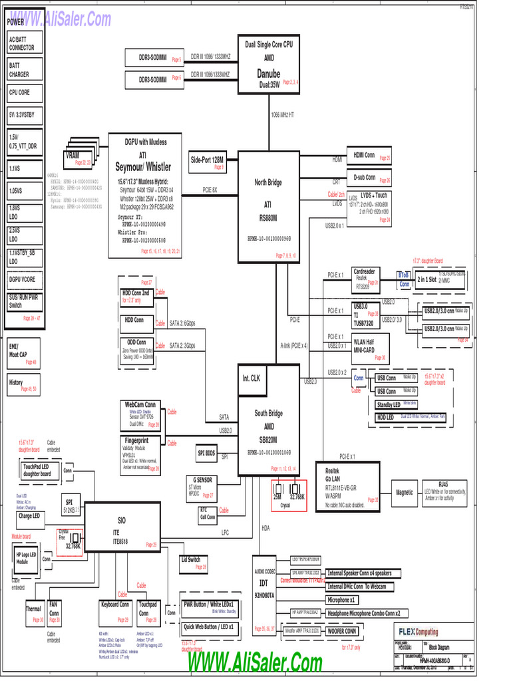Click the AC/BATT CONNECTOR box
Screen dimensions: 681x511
coord(25,44)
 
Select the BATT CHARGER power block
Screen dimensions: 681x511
coord(25,70)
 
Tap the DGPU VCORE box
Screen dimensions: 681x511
coord(25,279)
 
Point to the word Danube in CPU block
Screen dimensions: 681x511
coord(269,74)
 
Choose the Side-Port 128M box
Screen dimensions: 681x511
coord(208,163)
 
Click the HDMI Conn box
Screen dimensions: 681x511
coord(371,156)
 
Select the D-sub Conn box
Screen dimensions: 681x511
coord(371,180)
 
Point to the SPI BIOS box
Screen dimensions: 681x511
coord(206,454)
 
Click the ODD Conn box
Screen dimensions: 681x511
coord(136,343)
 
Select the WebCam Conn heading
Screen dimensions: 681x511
coord(140,404)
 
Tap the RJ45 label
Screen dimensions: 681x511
coord(443,485)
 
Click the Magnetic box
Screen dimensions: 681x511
coord(405,493)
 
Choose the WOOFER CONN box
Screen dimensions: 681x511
coord(342,630)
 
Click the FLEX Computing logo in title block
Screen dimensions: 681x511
coord(418,632)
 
